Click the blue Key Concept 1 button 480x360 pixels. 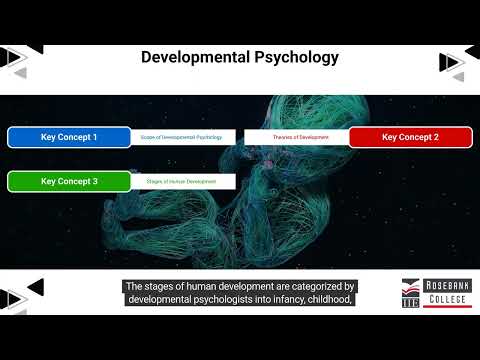pos(69,137)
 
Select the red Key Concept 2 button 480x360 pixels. pos(410,137)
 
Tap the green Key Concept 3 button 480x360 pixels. pos(69,181)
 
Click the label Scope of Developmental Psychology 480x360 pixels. pos(183,137)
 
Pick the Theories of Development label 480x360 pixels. pos(297,137)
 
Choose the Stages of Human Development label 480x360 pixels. pos(183,181)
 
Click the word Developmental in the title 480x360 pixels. pos(195,57)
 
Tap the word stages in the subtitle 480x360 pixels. pos(164,286)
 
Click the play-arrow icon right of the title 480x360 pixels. pos(452,62)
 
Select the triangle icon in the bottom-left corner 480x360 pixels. pos(14,298)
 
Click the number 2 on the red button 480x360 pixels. pos(436,137)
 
